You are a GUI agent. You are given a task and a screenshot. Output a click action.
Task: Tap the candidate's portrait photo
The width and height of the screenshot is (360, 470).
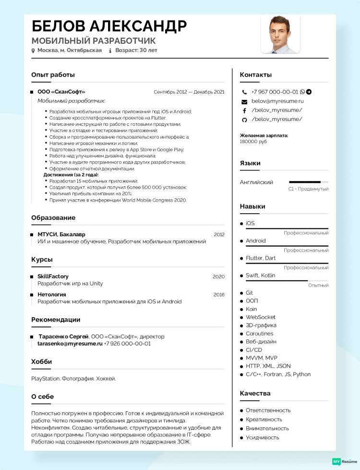coord(280,34)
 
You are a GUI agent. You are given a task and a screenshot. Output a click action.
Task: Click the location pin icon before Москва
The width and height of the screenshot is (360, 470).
coord(33,50)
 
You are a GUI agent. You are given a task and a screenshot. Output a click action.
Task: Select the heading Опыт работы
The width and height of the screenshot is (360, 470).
coord(53,75)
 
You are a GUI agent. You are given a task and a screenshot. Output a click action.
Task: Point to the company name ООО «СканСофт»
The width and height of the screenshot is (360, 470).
coord(61,92)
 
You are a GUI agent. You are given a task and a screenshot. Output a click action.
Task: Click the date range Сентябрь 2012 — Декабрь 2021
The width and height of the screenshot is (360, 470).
coord(189,92)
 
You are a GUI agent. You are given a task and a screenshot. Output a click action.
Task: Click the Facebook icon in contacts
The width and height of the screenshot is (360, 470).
coord(244,110)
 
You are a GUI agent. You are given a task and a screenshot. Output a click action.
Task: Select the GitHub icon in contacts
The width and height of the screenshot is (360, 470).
coord(244,120)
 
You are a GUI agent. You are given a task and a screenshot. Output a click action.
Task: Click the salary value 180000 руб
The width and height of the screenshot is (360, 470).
coord(253,142)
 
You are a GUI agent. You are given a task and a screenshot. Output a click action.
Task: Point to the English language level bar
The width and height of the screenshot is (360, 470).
coord(308,182)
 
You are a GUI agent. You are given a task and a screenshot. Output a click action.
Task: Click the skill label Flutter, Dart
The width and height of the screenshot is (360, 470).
coord(261,258)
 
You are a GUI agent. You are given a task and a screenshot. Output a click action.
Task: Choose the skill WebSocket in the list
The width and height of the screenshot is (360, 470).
coord(261,317)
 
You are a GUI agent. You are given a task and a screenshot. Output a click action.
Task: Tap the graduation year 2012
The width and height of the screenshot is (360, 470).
coord(219,235)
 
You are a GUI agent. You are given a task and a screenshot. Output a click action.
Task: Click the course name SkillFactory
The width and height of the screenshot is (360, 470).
coord(53,277)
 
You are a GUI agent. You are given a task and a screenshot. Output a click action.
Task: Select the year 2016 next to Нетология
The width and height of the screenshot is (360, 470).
coord(219,295)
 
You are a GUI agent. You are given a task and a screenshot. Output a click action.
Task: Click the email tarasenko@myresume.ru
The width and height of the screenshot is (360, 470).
coord(70,344)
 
